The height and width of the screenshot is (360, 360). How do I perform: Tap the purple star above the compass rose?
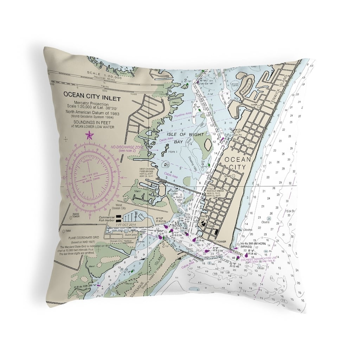pos(89,134)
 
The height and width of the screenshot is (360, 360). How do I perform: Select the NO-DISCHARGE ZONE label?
pos(127,148)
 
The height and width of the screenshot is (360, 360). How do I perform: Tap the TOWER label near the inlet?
pos(221,242)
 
